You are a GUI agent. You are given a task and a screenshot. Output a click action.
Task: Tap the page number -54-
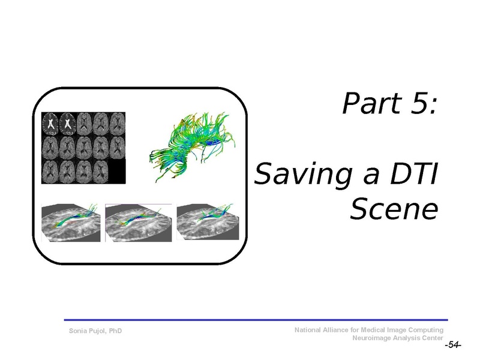coord(452,346)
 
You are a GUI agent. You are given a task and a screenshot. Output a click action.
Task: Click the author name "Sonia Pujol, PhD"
coord(96,331)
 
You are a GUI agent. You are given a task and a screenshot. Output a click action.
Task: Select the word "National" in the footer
coord(310,330)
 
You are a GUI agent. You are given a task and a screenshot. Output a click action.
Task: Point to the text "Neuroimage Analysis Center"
coord(400,338)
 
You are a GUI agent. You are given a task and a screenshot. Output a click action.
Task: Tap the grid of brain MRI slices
coord(83,148)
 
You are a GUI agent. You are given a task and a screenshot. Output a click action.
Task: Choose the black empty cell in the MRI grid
coord(118,172)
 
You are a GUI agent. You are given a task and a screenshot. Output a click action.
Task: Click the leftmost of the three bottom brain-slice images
coord(71,223)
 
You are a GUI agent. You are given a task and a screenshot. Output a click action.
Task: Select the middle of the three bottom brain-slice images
coord(139,223)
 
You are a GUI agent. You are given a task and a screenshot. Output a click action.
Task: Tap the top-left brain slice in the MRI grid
coord(50,123)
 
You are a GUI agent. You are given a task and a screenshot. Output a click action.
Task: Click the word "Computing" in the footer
coord(427,330)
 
